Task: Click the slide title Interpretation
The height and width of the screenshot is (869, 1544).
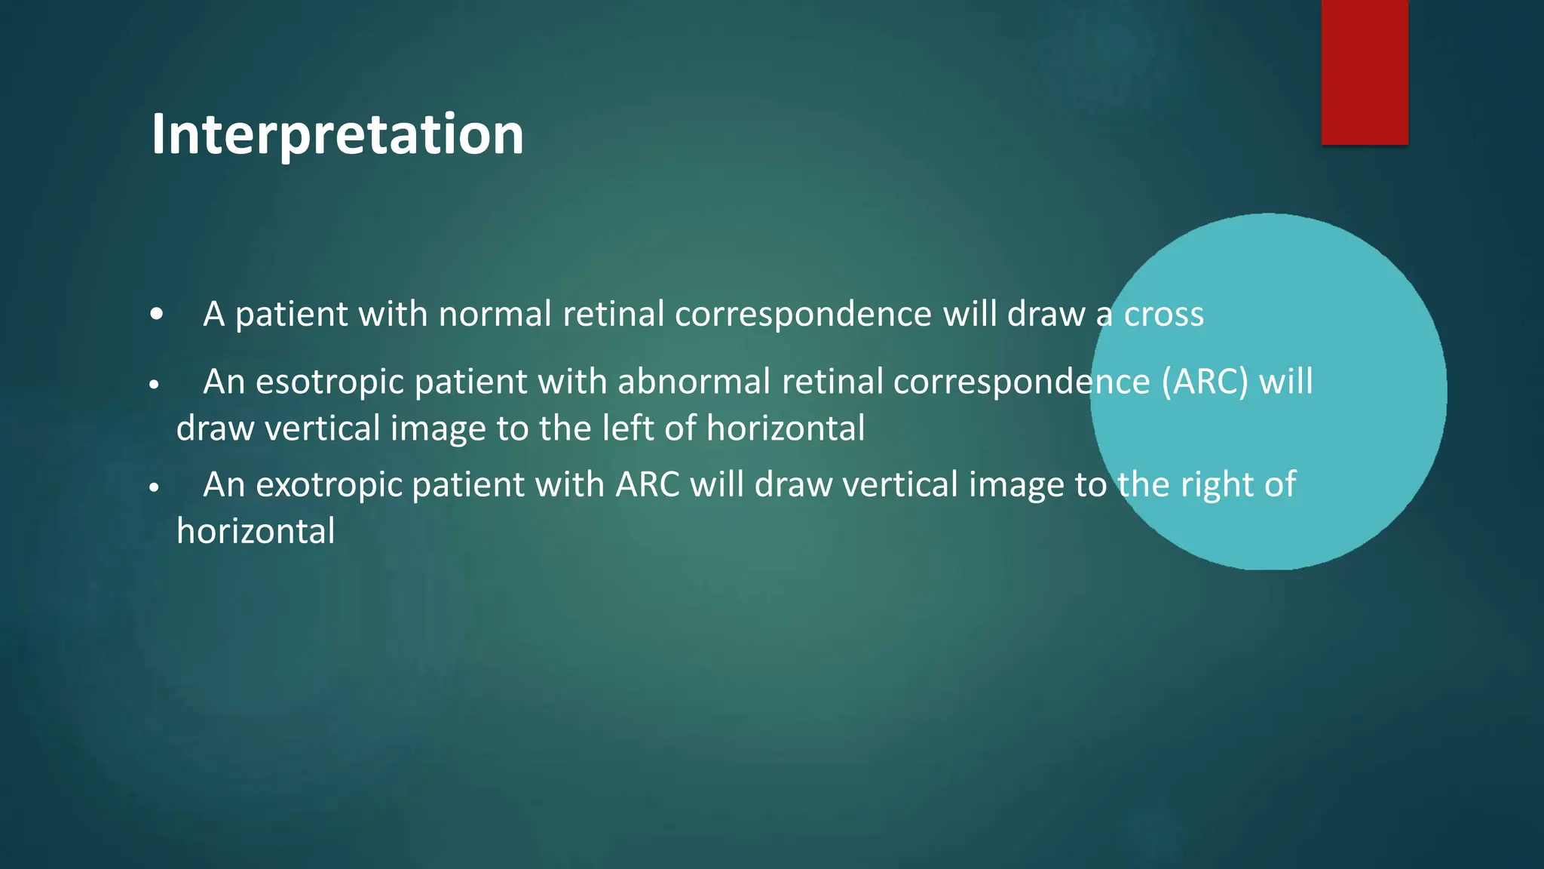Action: [x=337, y=134]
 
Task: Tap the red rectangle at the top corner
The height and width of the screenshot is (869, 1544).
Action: [x=1365, y=72]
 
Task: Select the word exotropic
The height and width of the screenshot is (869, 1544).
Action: [x=329, y=484]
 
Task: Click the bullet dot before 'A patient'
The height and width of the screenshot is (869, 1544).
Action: [x=156, y=315]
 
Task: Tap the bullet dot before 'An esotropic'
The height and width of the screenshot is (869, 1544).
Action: [x=155, y=385]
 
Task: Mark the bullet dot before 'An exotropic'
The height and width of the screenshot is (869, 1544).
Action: [x=155, y=487]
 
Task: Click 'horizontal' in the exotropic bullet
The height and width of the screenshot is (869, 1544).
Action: [x=256, y=531]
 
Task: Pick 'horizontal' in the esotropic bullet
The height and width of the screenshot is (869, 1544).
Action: [x=786, y=428]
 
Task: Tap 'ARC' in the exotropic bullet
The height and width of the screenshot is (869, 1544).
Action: [x=647, y=484]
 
